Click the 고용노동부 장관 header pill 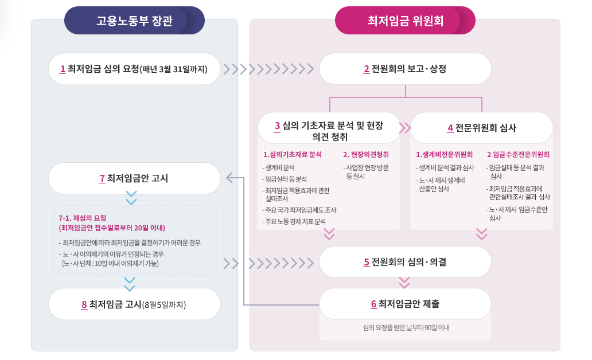coord(134,21)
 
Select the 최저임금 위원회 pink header coord(405,21)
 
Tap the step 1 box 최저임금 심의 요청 coord(134,69)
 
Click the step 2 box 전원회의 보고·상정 coord(405,69)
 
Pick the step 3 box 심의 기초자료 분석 coord(329,127)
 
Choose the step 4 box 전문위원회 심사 coord(482,127)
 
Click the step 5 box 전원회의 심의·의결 coord(405,262)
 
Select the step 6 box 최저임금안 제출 coord(405,304)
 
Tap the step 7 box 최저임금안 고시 coord(134,178)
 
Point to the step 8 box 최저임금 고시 coord(134,304)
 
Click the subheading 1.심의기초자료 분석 coord(292,154)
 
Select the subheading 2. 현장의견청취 coord(366,154)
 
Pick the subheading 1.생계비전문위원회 coord(444,154)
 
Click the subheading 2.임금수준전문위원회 coord(518,154)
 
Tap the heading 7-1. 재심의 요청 coord(83,218)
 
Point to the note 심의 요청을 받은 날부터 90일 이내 coord(406,328)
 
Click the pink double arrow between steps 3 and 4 coord(405,127)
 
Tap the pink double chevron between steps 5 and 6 coord(404,282)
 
